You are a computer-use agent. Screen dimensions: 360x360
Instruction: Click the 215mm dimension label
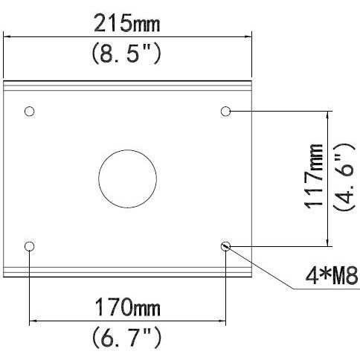pyautogui.click(x=128, y=26)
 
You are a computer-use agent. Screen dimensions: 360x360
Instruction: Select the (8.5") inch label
pyautogui.click(x=128, y=55)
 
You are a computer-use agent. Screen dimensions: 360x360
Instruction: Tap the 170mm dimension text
pyautogui.click(x=126, y=306)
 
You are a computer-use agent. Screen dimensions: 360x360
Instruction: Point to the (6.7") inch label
pyautogui.click(x=126, y=338)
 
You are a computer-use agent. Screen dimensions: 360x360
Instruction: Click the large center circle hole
pyautogui.click(x=128, y=179)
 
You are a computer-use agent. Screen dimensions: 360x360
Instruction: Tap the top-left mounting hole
pyautogui.click(x=30, y=112)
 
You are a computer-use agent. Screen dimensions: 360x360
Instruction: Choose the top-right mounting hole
pyautogui.click(x=226, y=112)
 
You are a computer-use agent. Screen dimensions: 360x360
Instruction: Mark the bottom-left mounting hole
pyautogui.click(x=30, y=245)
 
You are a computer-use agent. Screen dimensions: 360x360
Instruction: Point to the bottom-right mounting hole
pyautogui.click(x=226, y=245)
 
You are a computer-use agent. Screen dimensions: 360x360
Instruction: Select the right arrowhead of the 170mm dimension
pyautogui.click(x=222, y=321)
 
